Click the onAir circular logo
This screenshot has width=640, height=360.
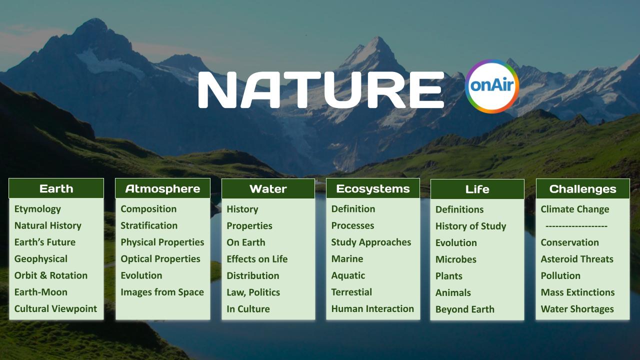(492, 86)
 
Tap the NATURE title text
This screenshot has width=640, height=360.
(321, 89)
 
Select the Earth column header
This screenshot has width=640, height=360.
(56, 188)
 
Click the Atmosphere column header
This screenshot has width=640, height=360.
(162, 188)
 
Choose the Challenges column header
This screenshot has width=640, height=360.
(582, 189)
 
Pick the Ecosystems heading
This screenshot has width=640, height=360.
(372, 188)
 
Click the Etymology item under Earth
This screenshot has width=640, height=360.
(37, 209)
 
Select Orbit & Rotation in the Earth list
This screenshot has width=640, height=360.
(50, 275)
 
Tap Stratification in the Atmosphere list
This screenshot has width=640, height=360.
(149, 225)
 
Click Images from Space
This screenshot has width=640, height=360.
(162, 292)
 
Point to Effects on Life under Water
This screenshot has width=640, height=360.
(257, 259)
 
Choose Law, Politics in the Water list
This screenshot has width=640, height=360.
(253, 292)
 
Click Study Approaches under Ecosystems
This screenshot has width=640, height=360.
(371, 242)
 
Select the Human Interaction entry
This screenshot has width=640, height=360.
(372, 308)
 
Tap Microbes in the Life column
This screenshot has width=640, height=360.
(455, 259)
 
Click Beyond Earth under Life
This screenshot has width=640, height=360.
(464, 309)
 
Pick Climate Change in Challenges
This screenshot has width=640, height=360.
(574, 209)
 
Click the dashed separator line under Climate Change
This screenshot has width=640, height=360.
(576, 226)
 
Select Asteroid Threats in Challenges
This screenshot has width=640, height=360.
(576, 259)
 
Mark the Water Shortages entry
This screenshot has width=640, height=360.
(577, 308)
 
